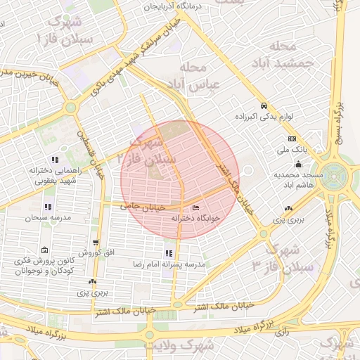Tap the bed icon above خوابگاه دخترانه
pyautogui.click(x=195, y=207)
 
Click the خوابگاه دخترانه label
pyautogui.click(x=196, y=218)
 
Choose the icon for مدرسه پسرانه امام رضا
pyautogui.click(x=168, y=253)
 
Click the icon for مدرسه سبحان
pyautogui.click(x=47, y=207)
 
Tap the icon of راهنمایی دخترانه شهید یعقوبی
pyautogui.click(x=54, y=160)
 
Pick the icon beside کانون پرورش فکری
pyautogui.click(x=44, y=250)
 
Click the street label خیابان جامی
pyautogui.click(x=142, y=206)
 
